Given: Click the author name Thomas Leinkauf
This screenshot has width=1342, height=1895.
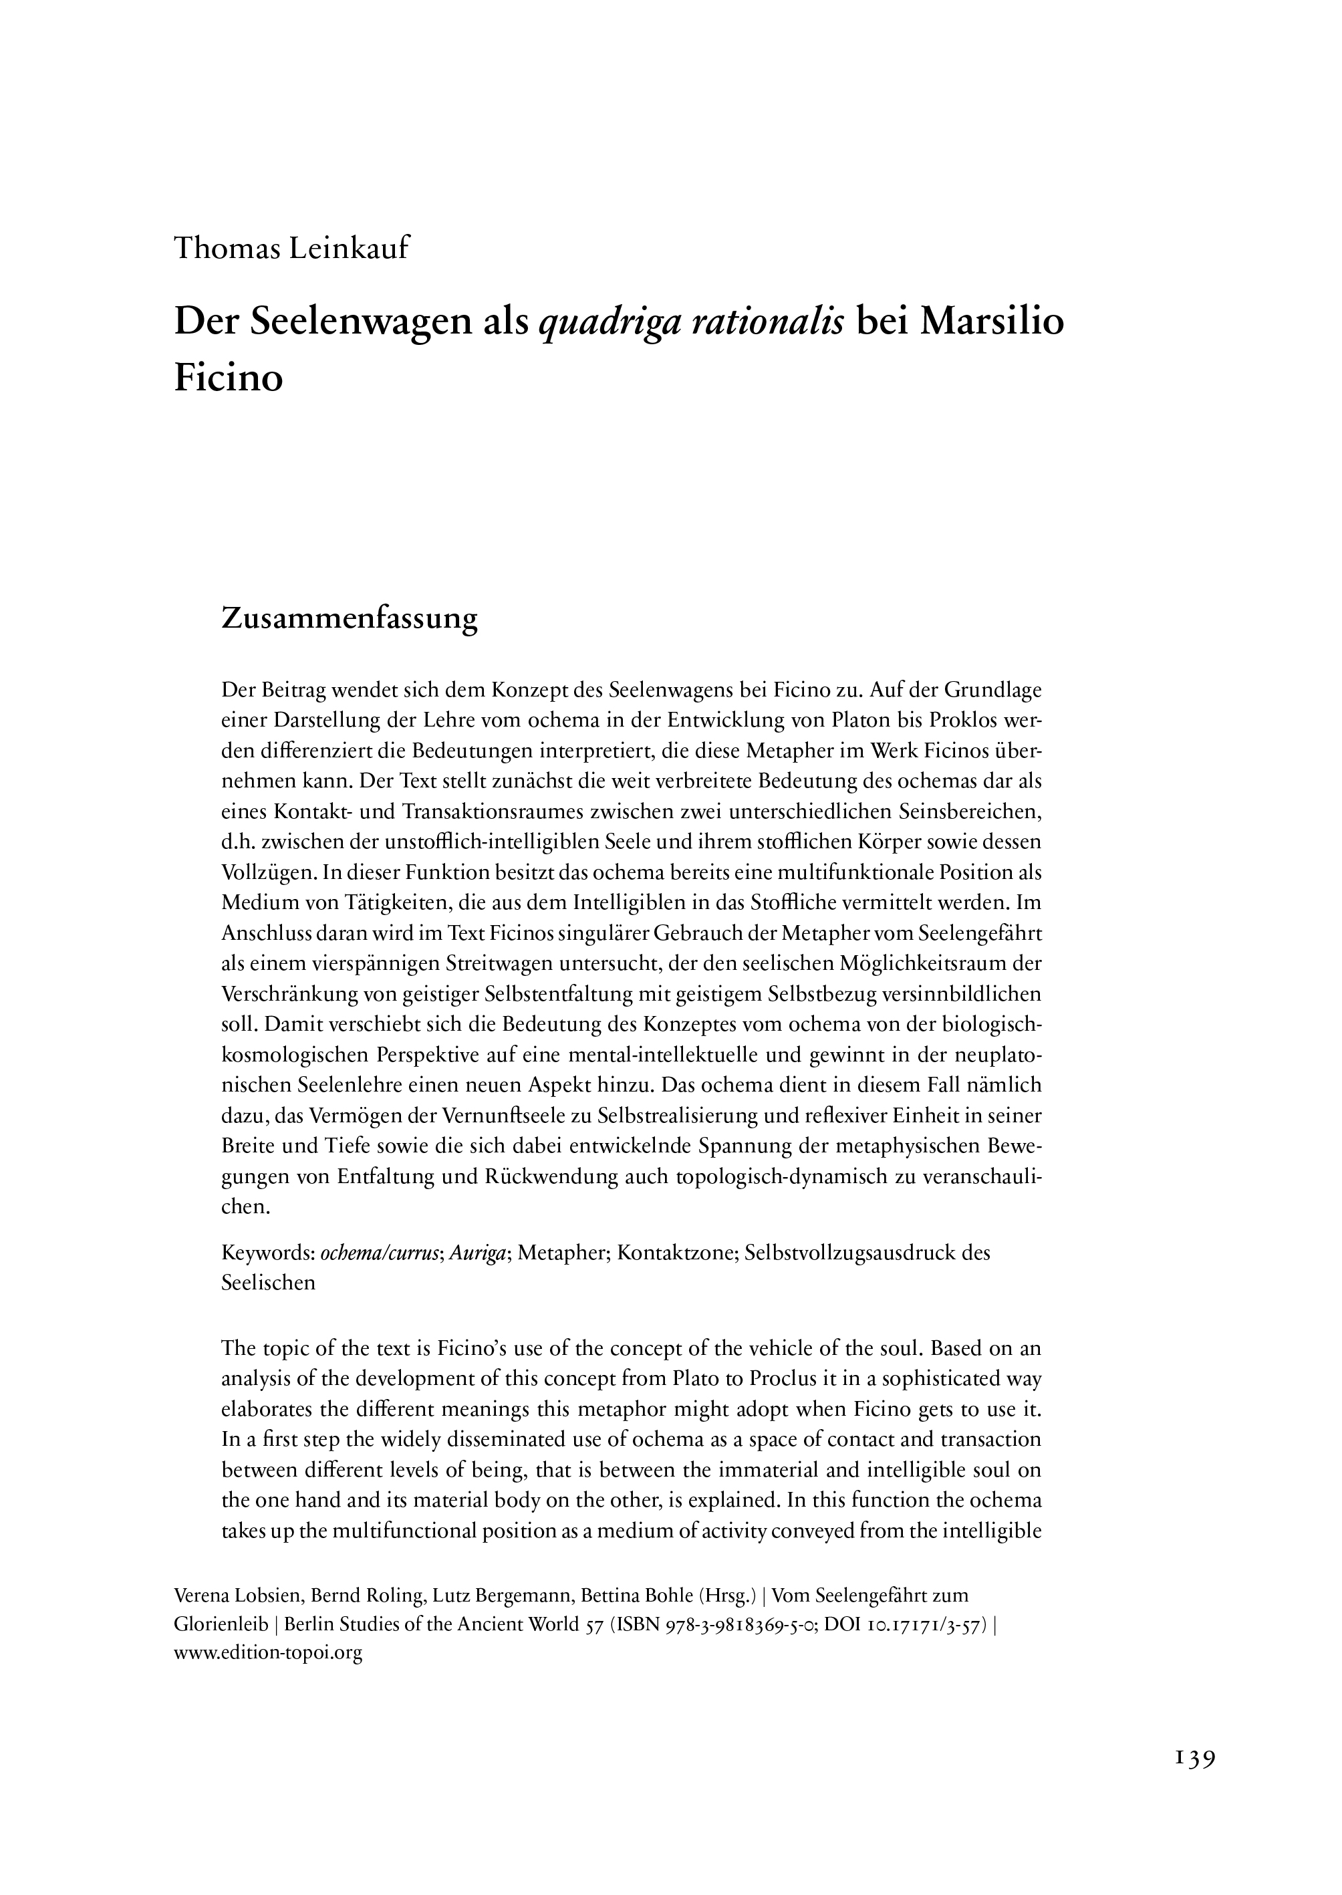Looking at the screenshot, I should coord(291,249).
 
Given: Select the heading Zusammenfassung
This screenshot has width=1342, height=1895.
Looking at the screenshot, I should coord(350,620).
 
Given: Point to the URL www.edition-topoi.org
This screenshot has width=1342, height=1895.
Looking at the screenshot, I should coord(269,1652).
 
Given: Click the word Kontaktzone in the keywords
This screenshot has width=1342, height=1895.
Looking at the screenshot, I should coord(675,1253).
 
